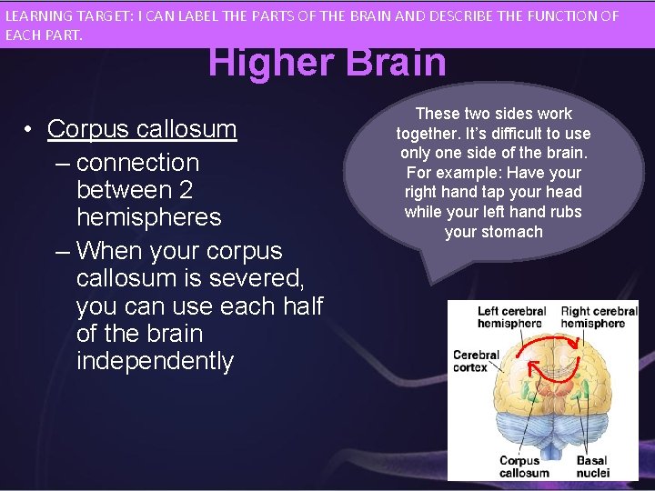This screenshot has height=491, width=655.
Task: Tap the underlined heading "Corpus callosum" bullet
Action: (142, 129)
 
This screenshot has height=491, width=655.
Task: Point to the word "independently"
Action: (156, 361)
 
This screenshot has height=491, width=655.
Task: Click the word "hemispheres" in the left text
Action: (149, 217)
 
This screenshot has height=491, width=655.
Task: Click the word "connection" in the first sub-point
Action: (137, 163)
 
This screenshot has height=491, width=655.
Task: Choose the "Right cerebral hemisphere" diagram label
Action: (599, 317)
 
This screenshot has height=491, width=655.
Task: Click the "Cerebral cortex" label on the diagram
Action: (476, 361)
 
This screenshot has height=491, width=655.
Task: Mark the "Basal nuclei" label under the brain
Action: (592, 466)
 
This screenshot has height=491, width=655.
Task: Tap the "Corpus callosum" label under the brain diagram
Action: (524, 466)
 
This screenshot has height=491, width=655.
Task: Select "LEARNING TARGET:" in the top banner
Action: (61, 16)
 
